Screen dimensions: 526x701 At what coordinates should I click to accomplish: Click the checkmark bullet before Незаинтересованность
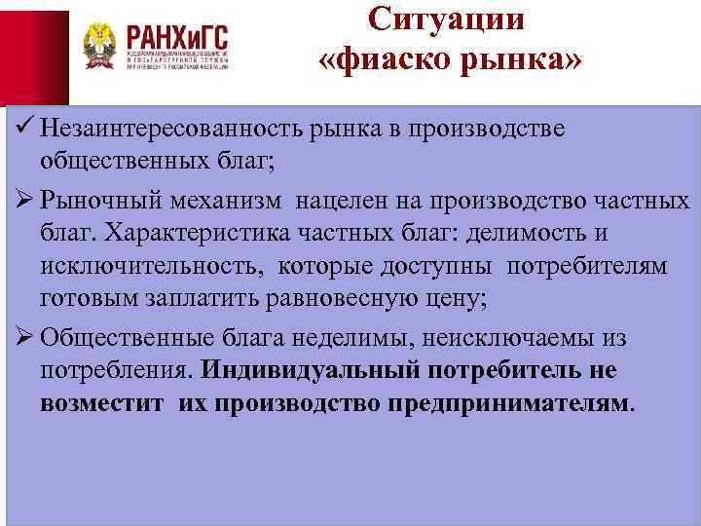click(23, 130)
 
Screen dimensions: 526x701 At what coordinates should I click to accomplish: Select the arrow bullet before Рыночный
click(23, 202)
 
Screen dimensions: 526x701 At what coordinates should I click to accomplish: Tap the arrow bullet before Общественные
click(23, 338)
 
